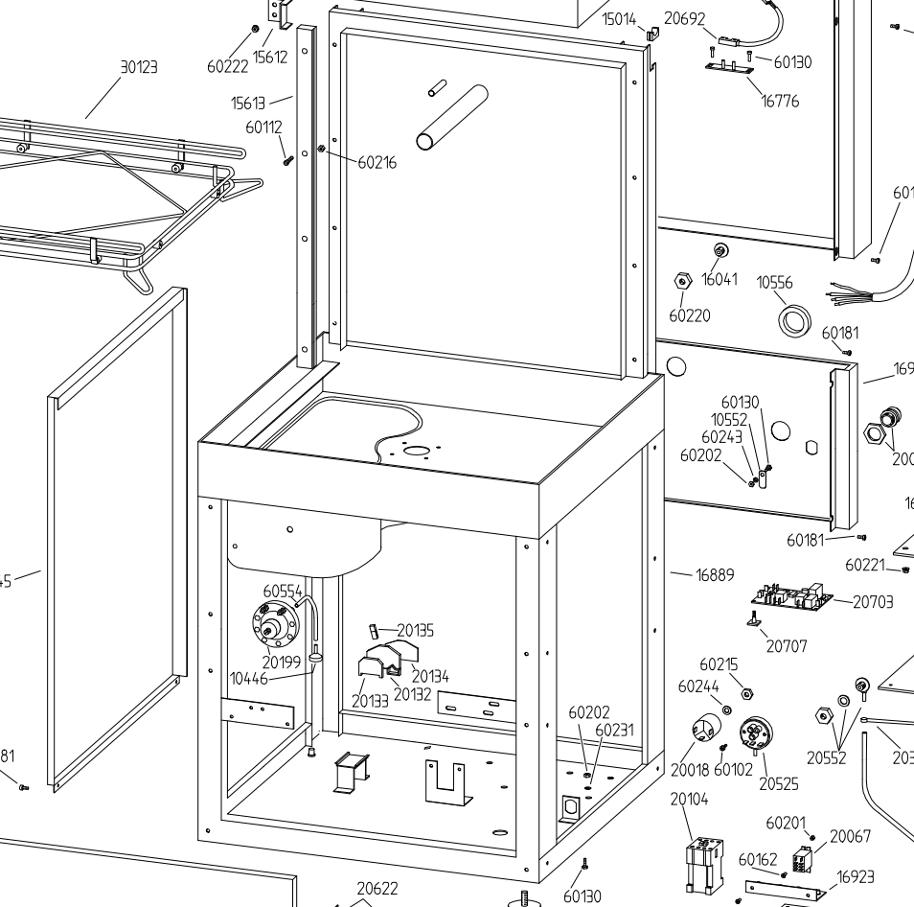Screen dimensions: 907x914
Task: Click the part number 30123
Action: (139, 67)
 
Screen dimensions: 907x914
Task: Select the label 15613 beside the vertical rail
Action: (248, 104)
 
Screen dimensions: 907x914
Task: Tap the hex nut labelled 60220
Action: (682, 282)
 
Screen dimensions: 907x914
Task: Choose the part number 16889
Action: (715, 575)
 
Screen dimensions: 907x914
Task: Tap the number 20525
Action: (779, 783)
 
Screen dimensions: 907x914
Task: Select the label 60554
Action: (283, 592)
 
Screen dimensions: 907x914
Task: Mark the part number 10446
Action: (248, 679)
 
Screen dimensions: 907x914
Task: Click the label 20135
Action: (415, 630)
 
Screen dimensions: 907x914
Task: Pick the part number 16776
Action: (780, 101)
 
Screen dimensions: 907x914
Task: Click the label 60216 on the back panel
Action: (377, 163)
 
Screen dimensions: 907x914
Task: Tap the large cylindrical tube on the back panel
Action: (452, 118)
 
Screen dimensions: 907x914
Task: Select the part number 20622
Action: (377, 889)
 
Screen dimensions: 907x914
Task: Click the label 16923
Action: (856, 876)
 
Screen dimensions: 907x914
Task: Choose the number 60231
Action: (614, 730)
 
